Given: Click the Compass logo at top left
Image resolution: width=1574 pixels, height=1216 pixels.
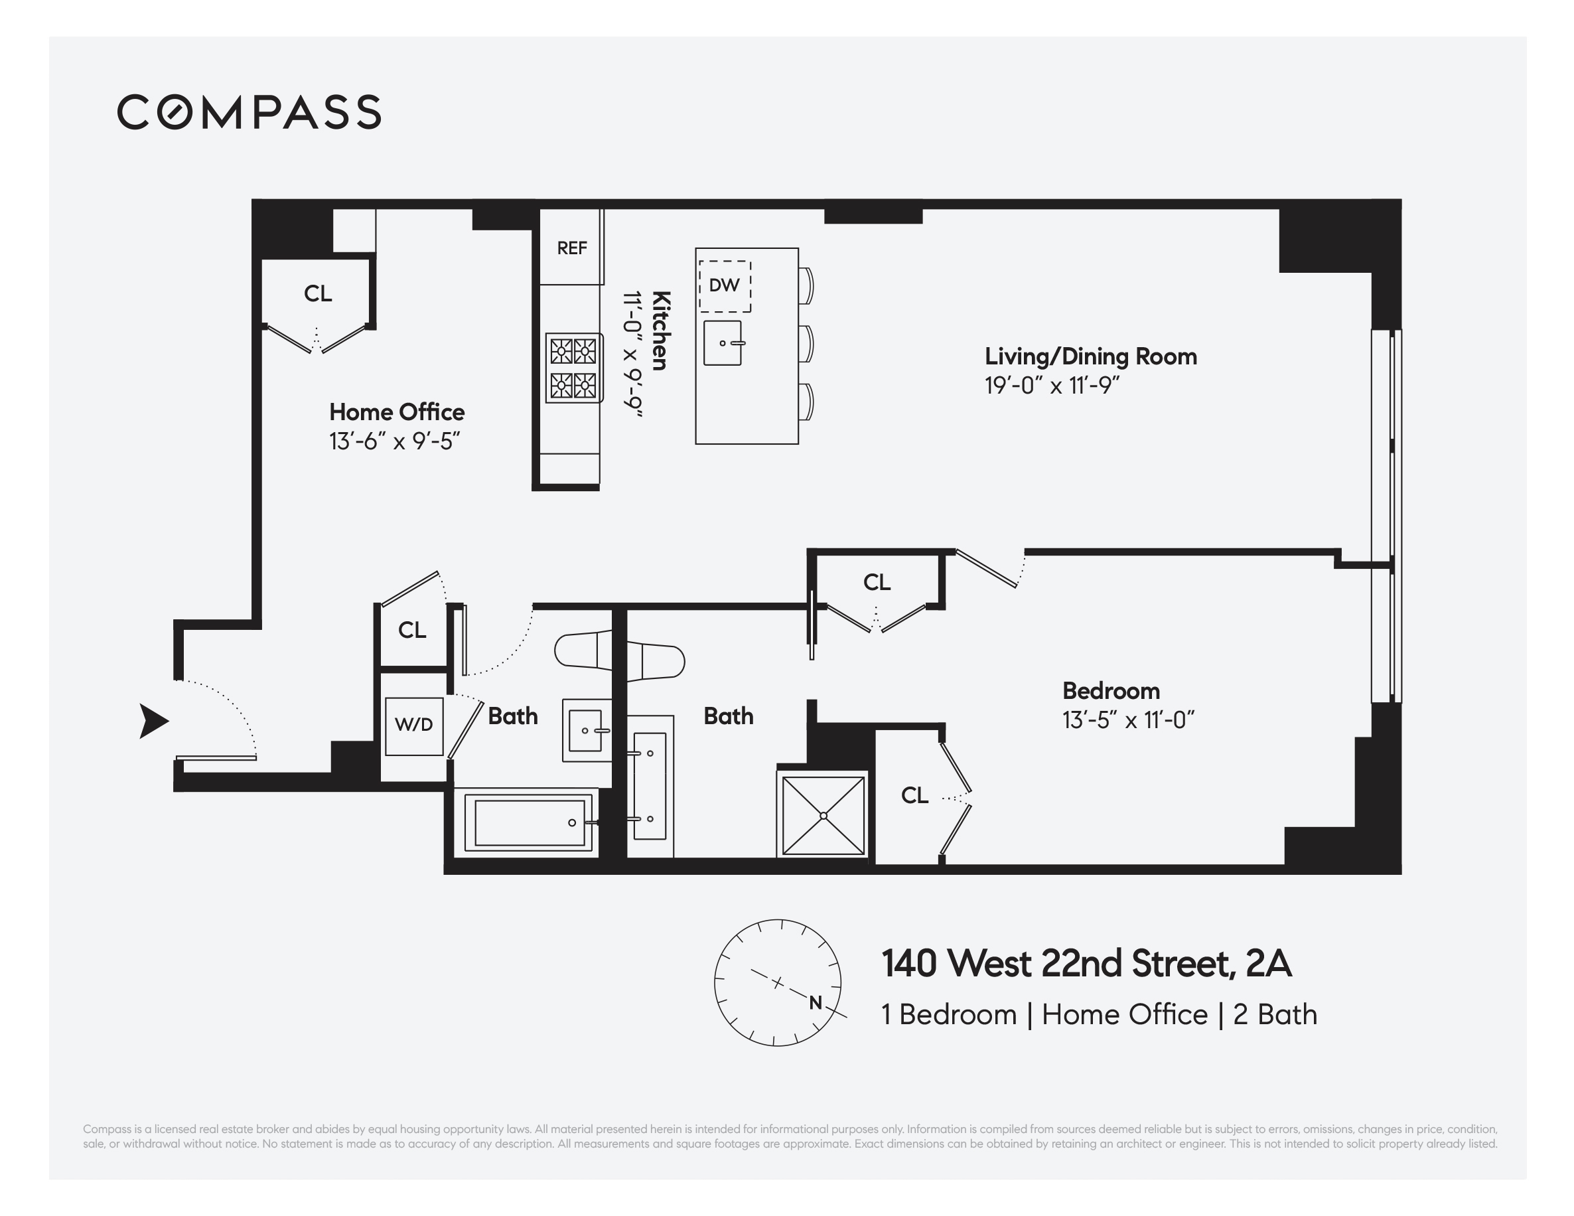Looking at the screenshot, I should click(x=249, y=112).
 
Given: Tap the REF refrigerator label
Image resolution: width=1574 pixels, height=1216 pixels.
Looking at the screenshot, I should click(x=571, y=248).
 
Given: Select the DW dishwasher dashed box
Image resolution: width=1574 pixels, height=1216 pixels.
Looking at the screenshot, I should click(x=725, y=285).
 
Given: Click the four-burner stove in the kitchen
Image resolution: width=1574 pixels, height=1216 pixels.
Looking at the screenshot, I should click(x=574, y=368).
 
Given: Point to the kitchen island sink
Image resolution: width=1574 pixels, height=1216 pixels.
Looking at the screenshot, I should click(x=723, y=343).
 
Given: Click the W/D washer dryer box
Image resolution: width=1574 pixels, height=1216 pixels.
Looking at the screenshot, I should click(x=413, y=725).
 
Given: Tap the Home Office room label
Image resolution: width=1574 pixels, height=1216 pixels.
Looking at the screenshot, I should click(x=396, y=412).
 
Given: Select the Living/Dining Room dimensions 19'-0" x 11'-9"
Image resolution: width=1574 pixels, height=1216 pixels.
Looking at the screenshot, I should click(x=1052, y=386).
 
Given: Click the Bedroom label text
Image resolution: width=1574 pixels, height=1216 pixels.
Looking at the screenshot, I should click(x=1111, y=690).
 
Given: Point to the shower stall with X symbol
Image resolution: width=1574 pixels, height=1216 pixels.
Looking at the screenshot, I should click(x=822, y=815).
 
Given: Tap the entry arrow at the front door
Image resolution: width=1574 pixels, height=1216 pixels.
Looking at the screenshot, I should click(x=153, y=721).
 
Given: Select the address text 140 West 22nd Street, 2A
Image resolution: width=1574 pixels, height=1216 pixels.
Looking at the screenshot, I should click(x=1086, y=963).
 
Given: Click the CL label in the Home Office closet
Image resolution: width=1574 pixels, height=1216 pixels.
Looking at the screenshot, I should click(x=317, y=293).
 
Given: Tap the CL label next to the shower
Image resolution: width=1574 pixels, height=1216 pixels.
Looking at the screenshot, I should click(x=914, y=795).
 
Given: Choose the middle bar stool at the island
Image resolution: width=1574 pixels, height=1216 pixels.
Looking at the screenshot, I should click(x=806, y=344).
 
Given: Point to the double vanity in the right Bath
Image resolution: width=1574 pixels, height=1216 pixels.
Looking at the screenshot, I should click(x=650, y=786).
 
